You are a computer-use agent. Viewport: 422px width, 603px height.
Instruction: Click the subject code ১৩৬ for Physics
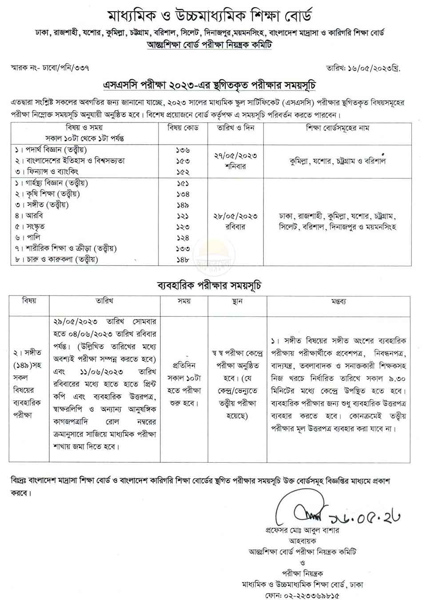[x=183, y=150]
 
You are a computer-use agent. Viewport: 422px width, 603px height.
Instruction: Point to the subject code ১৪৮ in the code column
[x=183, y=260]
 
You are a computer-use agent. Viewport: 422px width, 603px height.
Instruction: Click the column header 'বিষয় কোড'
[x=183, y=128]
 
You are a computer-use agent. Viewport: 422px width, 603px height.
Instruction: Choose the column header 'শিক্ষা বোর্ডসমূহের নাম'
[x=338, y=128]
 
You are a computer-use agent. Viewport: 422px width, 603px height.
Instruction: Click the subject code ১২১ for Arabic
[x=183, y=216]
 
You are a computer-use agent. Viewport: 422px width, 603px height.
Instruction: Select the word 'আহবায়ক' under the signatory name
[x=302, y=541]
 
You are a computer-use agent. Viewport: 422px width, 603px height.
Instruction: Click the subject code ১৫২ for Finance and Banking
[x=183, y=172]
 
